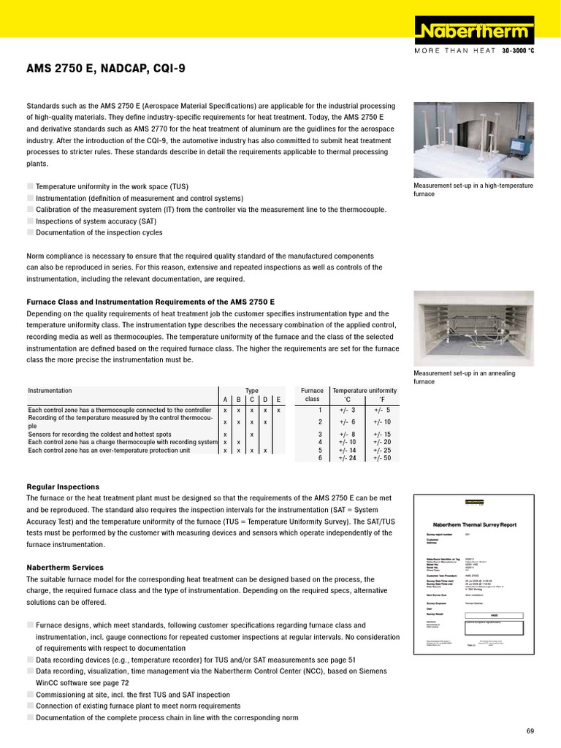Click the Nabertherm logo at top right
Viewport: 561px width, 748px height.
[476, 31]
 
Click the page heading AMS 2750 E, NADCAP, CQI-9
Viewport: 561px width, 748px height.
[106, 69]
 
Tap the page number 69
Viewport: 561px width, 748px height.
[530, 731]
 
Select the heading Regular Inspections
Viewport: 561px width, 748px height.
[63, 486]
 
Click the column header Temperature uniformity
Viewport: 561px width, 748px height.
[365, 391]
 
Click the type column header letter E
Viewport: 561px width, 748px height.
[278, 400]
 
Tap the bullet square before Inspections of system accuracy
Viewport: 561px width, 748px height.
[30, 221]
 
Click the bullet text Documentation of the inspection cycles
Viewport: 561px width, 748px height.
[99, 233]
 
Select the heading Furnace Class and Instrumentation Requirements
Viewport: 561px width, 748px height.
[150, 302]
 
